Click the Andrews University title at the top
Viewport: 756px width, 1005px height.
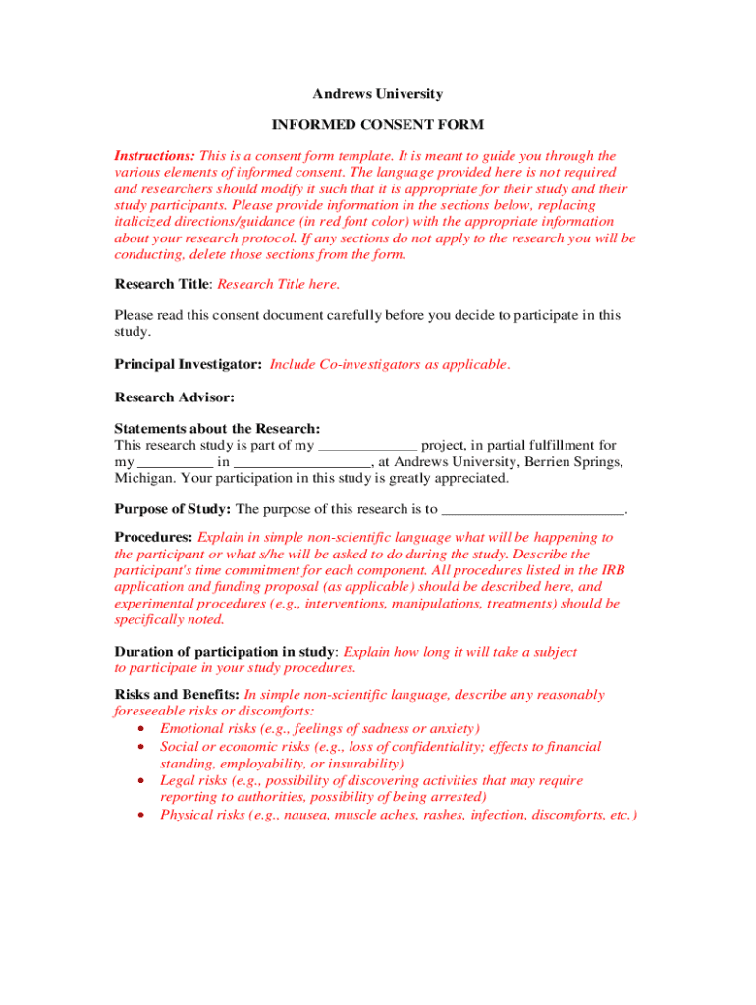click(378, 94)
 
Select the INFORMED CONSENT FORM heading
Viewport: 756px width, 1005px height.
click(378, 125)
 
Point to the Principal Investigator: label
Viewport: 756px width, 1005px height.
click(189, 364)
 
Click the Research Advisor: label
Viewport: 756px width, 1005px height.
click(175, 397)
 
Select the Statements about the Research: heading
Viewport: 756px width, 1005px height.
click(217, 429)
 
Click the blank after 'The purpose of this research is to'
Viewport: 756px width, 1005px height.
click(533, 511)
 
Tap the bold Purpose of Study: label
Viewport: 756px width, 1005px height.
click(173, 509)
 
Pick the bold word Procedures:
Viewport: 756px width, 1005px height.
click(154, 537)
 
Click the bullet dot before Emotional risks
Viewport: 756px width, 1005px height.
click(143, 729)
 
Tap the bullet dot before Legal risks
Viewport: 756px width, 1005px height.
click(143, 781)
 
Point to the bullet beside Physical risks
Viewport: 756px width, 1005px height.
click(143, 816)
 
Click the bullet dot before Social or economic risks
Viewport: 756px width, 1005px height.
click(143, 747)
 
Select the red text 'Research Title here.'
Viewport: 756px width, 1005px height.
click(279, 284)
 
